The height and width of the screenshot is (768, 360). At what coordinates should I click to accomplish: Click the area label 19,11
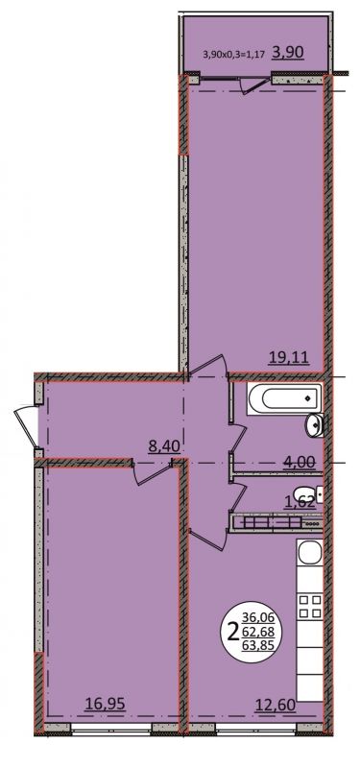click(x=289, y=358)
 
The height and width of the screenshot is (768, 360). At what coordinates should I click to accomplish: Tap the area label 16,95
click(x=106, y=704)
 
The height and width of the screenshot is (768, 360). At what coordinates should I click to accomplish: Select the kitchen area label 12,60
click(x=276, y=705)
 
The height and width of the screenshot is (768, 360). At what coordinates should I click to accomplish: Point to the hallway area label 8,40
click(x=165, y=445)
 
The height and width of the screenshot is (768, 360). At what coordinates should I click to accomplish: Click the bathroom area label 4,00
click(x=299, y=462)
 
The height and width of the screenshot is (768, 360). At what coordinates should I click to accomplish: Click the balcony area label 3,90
click(x=288, y=53)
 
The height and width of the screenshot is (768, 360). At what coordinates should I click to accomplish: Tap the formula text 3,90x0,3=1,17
click(x=233, y=54)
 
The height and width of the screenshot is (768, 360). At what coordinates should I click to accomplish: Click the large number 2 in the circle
click(x=233, y=633)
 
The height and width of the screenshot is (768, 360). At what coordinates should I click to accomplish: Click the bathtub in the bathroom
click(x=284, y=398)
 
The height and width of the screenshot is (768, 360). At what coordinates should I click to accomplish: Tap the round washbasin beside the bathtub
click(x=315, y=424)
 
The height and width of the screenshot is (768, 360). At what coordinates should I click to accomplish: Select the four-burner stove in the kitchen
click(x=310, y=606)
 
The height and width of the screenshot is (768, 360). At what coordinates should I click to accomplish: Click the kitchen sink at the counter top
click(x=310, y=552)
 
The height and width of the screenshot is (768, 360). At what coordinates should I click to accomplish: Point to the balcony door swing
click(x=255, y=84)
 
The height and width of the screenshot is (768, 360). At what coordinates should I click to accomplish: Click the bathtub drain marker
click(x=307, y=398)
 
